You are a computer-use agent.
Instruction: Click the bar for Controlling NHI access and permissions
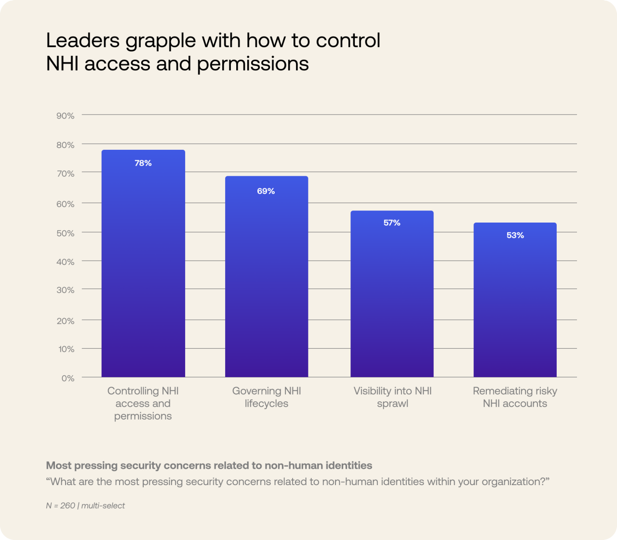click(143, 270)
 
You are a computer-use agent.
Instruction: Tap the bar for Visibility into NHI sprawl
click(392, 299)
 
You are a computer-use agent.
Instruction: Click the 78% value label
click(143, 163)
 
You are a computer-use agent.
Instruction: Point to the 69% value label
click(266, 191)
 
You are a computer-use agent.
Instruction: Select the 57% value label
click(392, 223)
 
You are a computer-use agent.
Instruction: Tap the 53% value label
click(515, 235)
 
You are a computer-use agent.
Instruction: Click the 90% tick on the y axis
click(66, 116)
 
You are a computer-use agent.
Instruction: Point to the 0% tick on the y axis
click(68, 378)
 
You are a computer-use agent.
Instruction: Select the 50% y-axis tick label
click(66, 233)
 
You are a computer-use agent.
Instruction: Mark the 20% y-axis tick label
click(66, 321)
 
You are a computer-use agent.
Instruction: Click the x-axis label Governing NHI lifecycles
click(267, 397)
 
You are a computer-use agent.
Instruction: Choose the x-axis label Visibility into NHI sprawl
click(392, 397)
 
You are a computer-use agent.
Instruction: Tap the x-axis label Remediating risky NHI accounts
click(515, 397)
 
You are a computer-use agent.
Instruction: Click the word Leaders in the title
click(82, 40)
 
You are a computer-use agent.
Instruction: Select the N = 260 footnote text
click(61, 505)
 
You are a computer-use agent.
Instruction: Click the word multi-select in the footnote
click(103, 505)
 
